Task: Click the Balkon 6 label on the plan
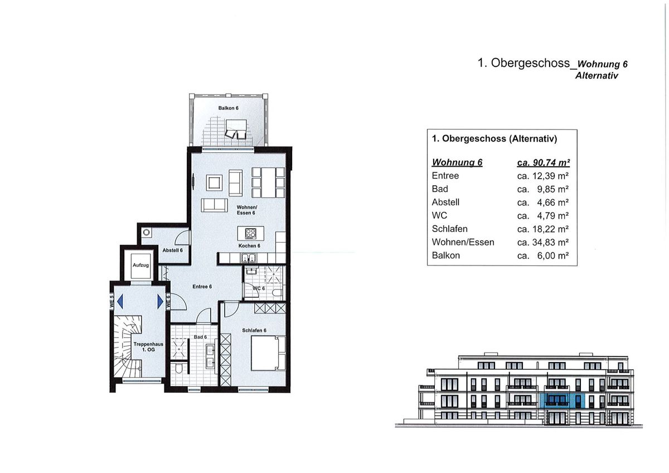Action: [229, 107]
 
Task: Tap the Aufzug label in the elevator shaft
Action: [140, 265]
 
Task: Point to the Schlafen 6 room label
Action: [254, 330]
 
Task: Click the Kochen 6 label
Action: [249, 245]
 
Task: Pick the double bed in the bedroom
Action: [268, 353]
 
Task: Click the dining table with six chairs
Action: [269, 182]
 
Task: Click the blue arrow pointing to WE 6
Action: [161, 301]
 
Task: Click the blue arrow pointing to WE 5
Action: [119, 301]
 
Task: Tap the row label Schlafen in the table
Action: [449, 229]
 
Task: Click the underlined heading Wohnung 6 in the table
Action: [457, 162]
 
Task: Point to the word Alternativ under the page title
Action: [597, 75]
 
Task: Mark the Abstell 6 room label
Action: [172, 250]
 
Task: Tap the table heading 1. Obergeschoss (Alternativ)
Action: [495, 139]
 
